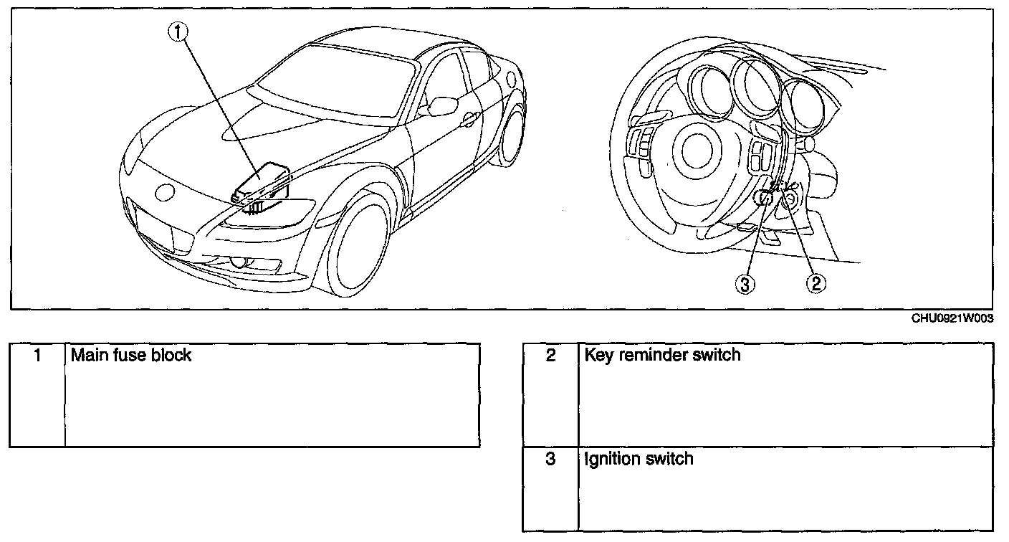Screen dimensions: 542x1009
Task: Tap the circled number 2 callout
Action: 816,284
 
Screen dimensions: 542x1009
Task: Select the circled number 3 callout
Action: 745,284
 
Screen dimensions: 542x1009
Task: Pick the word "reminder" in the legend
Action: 658,355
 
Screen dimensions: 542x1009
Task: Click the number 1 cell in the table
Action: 37,355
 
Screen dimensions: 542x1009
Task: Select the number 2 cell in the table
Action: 550,355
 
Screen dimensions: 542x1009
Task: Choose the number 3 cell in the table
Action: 550,459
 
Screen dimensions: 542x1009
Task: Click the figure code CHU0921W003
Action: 952,319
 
